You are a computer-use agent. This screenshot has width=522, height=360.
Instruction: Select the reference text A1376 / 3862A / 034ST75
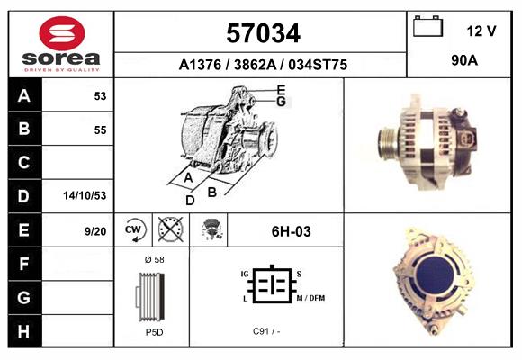point(263,65)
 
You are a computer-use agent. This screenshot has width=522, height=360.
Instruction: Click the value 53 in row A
point(100,95)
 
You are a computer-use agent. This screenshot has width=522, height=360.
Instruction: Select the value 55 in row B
point(100,130)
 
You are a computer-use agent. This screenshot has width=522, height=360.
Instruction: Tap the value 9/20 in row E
point(94,231)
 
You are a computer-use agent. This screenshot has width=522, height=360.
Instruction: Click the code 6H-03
point(291,231)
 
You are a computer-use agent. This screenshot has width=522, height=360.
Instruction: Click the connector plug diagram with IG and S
point(270,283)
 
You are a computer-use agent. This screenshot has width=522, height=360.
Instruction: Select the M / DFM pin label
point(310,298)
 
